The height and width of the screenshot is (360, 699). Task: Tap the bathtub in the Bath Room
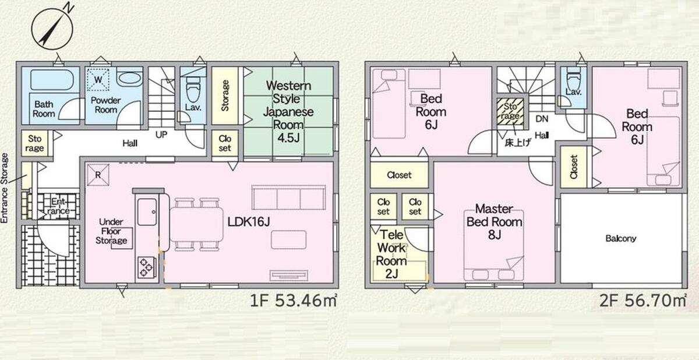(52, 80)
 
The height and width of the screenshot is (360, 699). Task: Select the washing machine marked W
(98, 80)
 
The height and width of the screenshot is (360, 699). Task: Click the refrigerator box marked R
(98, 175)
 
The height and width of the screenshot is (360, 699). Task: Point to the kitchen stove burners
(146, 267)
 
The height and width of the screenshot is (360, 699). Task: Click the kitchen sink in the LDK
(147, 212)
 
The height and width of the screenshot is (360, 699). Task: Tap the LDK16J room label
(248, 222)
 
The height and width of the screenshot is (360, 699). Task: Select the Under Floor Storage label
(111, 231)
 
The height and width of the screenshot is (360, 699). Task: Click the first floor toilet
(193, 90)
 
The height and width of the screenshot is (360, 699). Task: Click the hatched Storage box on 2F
(510, 112)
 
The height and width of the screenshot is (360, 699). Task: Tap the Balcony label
(621, 239)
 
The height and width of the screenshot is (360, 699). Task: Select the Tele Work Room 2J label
(391, 254)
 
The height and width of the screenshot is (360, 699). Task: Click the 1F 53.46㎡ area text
(294, 301)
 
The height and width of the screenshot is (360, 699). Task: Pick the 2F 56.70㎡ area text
(643, 301)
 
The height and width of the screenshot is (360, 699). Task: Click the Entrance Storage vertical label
(5, 188)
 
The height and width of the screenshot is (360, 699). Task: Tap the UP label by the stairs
(161, 135)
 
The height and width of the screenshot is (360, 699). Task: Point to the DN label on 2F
(542, 119)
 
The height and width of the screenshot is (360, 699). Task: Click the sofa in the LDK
(289, 197)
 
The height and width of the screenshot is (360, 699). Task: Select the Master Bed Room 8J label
(495, 222)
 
